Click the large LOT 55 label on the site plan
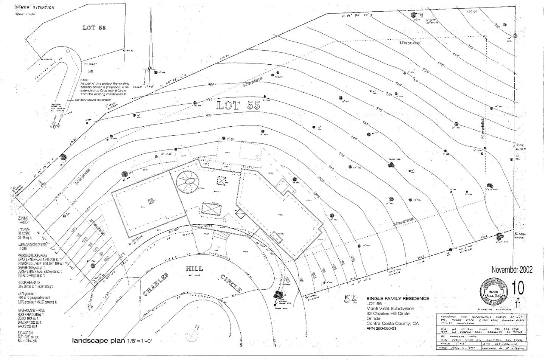238,106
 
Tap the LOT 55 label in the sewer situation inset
94,28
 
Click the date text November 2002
512,270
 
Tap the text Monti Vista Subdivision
390,309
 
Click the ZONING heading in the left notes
22,218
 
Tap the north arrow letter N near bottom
196,327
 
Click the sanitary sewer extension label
93,99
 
